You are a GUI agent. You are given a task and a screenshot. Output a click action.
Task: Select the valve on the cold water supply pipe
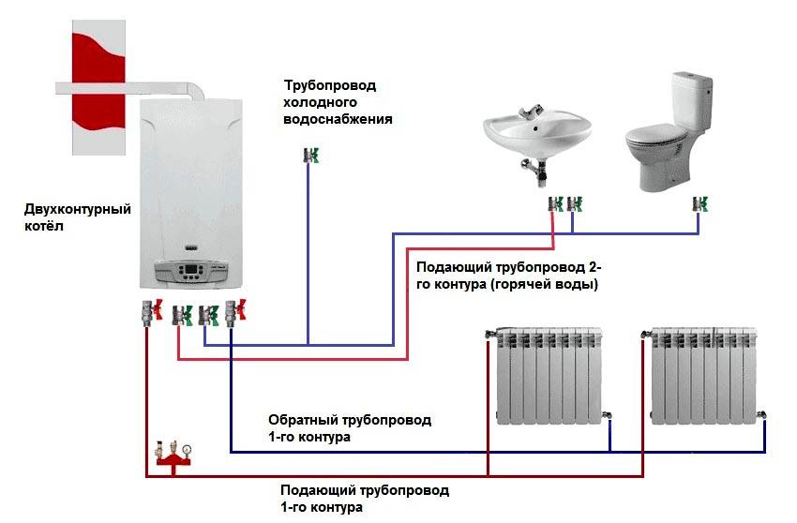(308, 155)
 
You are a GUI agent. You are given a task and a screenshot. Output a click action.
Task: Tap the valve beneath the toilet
(698, 202)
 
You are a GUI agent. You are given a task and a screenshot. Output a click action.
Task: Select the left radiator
(549, 375)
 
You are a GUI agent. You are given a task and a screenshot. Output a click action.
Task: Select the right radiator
(707, 375)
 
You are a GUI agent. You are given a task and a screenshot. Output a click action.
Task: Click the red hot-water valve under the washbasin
(554, 202)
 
